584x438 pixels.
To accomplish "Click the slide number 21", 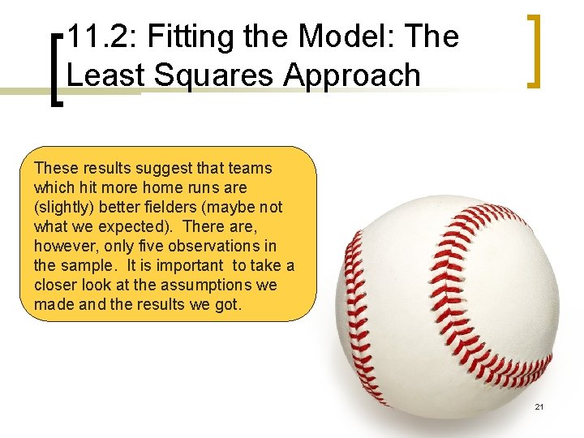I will [539, 406].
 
